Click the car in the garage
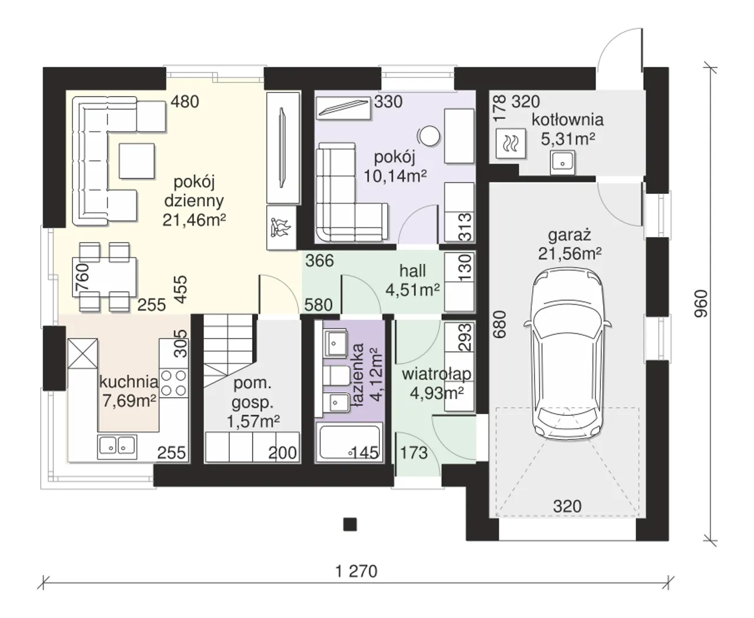click(x=567, y=353)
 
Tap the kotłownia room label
click(x=567, y=120)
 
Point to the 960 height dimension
click(x=701, y=303)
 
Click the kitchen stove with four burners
click(x=174, y=384)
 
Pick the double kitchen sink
click(x=117, y=447)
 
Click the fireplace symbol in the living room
click(x=282, y=227)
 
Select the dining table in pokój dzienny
click(x=104, y=277)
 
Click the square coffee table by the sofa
click(x=137, y=161)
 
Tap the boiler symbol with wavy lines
click(x=511, y=143)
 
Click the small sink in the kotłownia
click(x=563, y=163)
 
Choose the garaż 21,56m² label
click(x=570, y=244)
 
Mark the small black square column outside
click(x=350, y=525)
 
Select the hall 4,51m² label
click(x=412, y=280)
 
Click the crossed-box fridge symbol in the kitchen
click(x=82, y=353)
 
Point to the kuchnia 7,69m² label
click(x=128, y=391)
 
